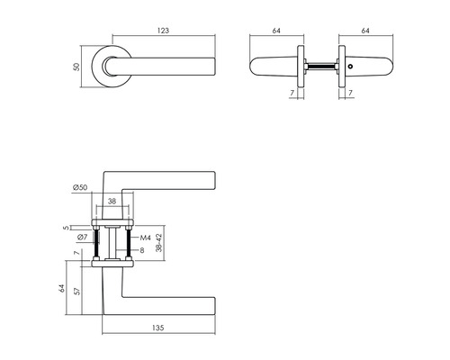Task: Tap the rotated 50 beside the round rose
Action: pos(77,66)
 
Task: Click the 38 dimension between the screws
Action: pos(112,202)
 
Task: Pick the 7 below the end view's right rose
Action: pos(351,93)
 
